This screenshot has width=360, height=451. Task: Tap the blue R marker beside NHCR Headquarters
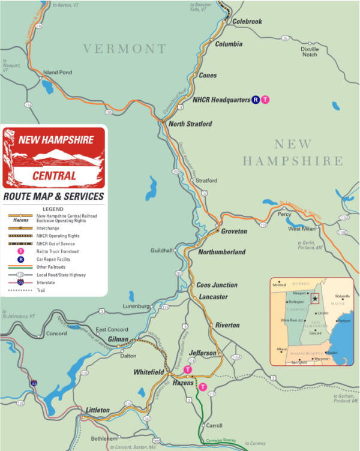256,100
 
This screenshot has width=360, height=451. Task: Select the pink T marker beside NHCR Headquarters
266,100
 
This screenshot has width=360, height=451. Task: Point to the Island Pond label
57,73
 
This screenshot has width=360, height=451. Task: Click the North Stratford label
190,124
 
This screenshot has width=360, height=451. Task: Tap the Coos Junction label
217,285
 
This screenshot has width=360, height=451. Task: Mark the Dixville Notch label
309,52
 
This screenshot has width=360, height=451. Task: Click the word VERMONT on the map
124,49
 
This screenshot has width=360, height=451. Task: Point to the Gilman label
118,339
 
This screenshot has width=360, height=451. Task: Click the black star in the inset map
314,298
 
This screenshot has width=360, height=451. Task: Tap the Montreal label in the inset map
279,284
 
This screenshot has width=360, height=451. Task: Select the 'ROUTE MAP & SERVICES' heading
53,196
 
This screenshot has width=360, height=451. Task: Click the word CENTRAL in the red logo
55,176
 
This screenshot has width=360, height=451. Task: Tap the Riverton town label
227,325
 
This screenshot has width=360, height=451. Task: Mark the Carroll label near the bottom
214,425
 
